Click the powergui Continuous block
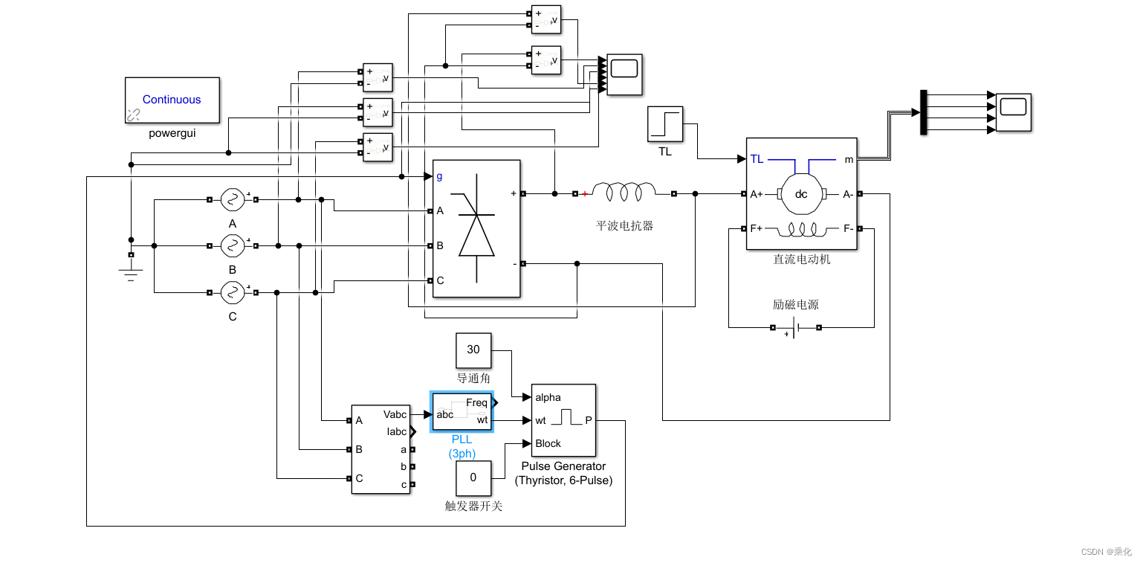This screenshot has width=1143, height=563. coord(172,100)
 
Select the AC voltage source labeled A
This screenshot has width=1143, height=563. coord(233,199)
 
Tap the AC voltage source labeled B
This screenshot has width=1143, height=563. coord(233,245)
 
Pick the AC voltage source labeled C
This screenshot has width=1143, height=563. coord(233,292)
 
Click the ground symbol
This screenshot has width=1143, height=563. coord(131,273)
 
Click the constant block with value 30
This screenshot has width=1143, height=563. coord(473,350)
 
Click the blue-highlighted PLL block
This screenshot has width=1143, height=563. coord(461,411)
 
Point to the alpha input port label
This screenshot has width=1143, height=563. coord(548,397)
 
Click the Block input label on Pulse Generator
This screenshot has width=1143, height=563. coord(548,443)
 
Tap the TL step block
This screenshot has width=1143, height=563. coord(664,124)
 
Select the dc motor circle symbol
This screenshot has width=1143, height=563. coord(801,194)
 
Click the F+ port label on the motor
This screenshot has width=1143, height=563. coord(757,228)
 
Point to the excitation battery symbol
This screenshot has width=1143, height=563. coord(796,327)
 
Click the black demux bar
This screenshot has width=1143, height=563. coord(924,112)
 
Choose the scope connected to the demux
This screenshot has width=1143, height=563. coord(1014,112)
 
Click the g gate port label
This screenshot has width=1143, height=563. coord(439,176)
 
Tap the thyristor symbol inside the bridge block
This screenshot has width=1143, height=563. coord(476,228)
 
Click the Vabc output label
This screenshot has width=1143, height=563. coord(395,414)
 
